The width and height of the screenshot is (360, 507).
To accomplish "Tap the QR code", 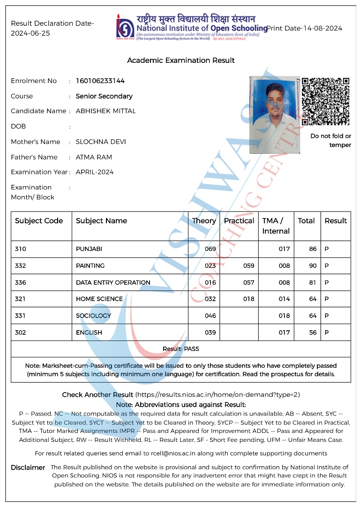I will [326, 101].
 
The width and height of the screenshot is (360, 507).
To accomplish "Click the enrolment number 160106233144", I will [100, 81].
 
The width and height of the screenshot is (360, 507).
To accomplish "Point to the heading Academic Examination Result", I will [181, 61].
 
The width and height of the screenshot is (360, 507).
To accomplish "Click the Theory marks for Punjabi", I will [210, 249].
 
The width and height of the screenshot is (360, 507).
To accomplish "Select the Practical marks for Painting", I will [248, 266].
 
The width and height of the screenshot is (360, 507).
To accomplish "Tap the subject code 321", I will [20, 299].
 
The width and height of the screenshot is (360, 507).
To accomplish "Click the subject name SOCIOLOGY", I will [93, 316].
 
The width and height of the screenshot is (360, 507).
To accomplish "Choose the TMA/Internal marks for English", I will [284, 333].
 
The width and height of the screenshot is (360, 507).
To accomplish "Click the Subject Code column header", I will [39, 221].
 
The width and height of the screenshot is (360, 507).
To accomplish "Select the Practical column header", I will [239, 221].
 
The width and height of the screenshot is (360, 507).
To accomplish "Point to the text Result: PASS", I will [180, 349].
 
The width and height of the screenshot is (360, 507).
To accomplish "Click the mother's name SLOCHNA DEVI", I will [101, 142].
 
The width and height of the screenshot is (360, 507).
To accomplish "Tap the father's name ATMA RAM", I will [94, 157].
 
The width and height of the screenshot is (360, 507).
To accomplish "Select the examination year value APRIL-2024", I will [95, 172].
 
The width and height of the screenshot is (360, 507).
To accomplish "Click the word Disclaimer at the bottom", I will [28, 468].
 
